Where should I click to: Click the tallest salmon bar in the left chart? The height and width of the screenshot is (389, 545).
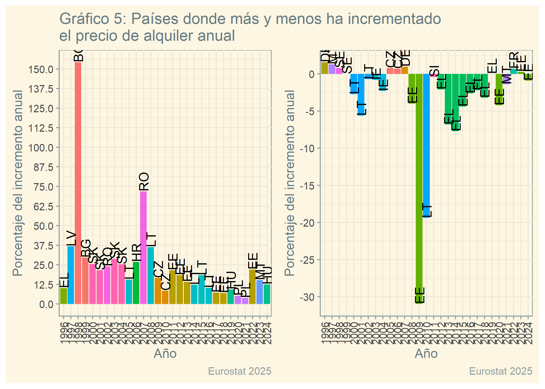coord(78,182)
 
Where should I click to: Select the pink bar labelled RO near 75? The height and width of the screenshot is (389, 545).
coord(143,246)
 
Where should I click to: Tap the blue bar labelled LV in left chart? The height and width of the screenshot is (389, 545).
coord(71,275)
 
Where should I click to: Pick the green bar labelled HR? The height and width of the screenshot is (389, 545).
coord(136,283)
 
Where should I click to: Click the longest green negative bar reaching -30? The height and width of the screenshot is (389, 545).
coord(419,187)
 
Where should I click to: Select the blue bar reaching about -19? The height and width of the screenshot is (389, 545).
coord(426,145)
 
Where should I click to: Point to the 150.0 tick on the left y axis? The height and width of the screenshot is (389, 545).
coord(41,70)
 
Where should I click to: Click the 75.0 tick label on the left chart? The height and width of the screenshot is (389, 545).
coord(43,187)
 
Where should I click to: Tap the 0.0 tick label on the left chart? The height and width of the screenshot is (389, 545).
coord(46,304)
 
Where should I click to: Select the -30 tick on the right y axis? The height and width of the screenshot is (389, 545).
coord(308,297)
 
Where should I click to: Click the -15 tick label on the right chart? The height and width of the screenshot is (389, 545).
coord(308,186)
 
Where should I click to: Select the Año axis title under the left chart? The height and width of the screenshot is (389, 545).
coord(165,353)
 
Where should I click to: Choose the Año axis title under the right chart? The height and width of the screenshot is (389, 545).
coord(426,353)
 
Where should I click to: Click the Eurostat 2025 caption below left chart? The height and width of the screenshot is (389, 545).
coord(240,371)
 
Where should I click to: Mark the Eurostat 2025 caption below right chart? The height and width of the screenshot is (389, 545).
coord(501,371)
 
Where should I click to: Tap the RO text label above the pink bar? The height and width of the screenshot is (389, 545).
coord(144,182)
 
